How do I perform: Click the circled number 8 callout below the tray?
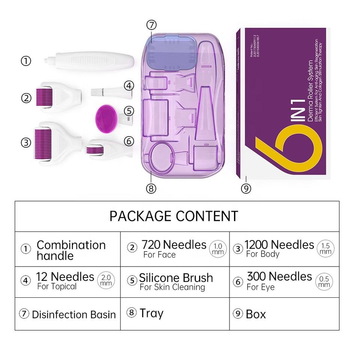click(x=151, y=188)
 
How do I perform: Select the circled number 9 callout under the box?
click(x=246, y=188)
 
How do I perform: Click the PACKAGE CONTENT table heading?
click(x=174, y=216)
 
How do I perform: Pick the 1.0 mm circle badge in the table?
click(x=218, y=249)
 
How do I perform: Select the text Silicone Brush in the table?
click(x=176, y=278)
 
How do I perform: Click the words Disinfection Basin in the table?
click(x=74, y=314)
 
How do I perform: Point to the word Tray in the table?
click(x=151, y=313)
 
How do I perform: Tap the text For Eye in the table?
click(x=260, y=287)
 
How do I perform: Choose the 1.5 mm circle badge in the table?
click(x=325, y=249)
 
